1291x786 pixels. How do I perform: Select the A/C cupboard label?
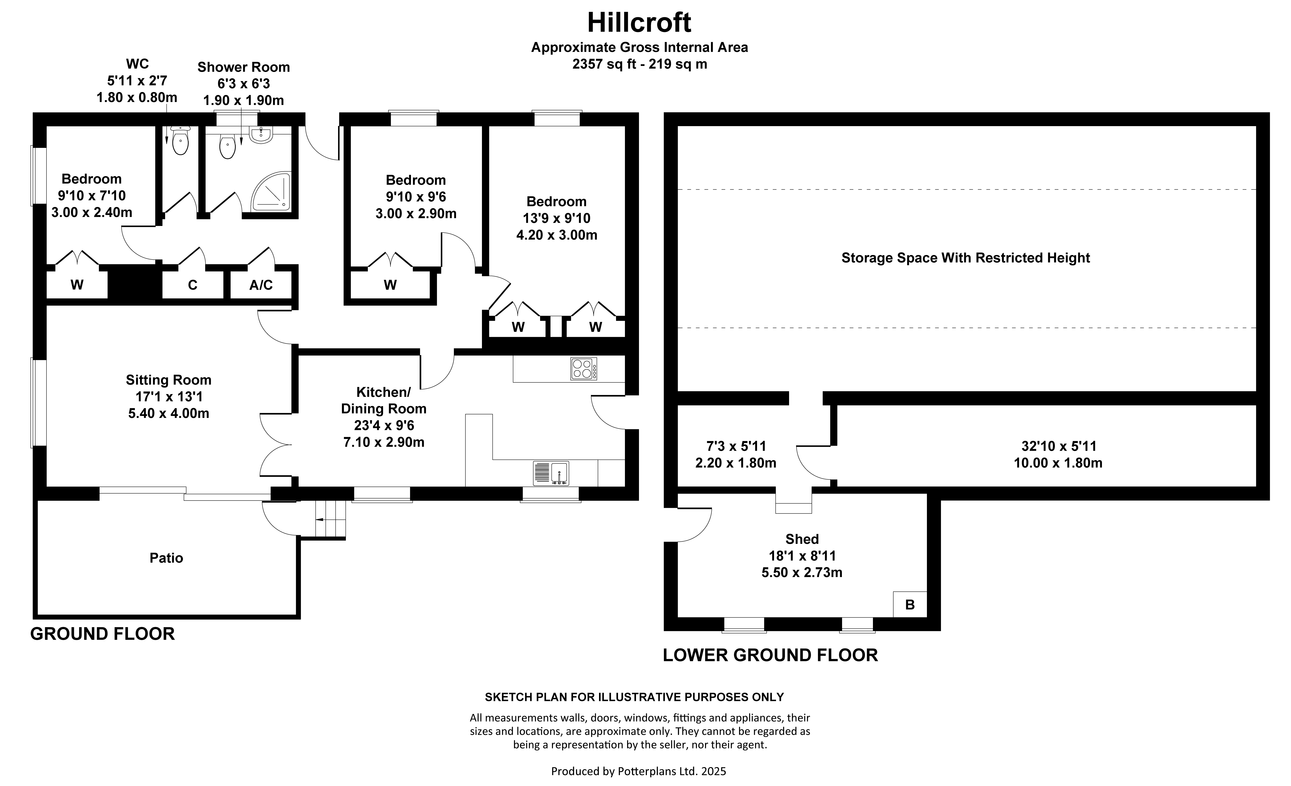pyautogui.click(x=261, y=285)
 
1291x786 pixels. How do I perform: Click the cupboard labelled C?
pyautogui.click(x=192, y=285)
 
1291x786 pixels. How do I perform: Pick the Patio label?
pyautogui.click(x=166, y=558)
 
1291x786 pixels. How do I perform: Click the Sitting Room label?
pyautogui.click(x=168, y=380)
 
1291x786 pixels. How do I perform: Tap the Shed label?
pyautogui.click(x=802, y=539)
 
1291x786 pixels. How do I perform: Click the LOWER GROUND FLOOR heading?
pyautogui.click(x=770, y=655)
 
